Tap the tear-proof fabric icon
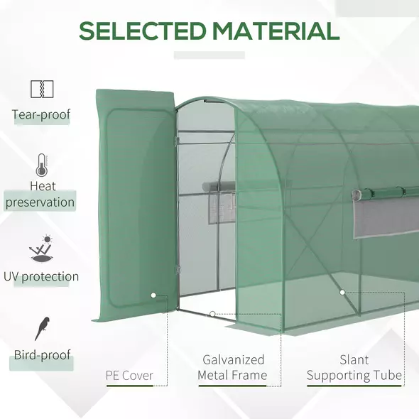point(41,89)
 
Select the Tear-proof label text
point(41,114)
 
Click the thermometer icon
point(41,165)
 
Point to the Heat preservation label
point(41,195)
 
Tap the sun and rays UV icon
point(41,249)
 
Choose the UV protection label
point(41,277)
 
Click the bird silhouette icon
point(42,328)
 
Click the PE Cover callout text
point(129,376)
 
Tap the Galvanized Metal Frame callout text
point(232,368)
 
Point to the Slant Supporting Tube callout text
point(354,368)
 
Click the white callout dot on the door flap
point(153,294)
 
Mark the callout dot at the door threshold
point(212,313)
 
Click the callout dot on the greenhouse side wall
point(342,292)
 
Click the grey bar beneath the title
point(209,55)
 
